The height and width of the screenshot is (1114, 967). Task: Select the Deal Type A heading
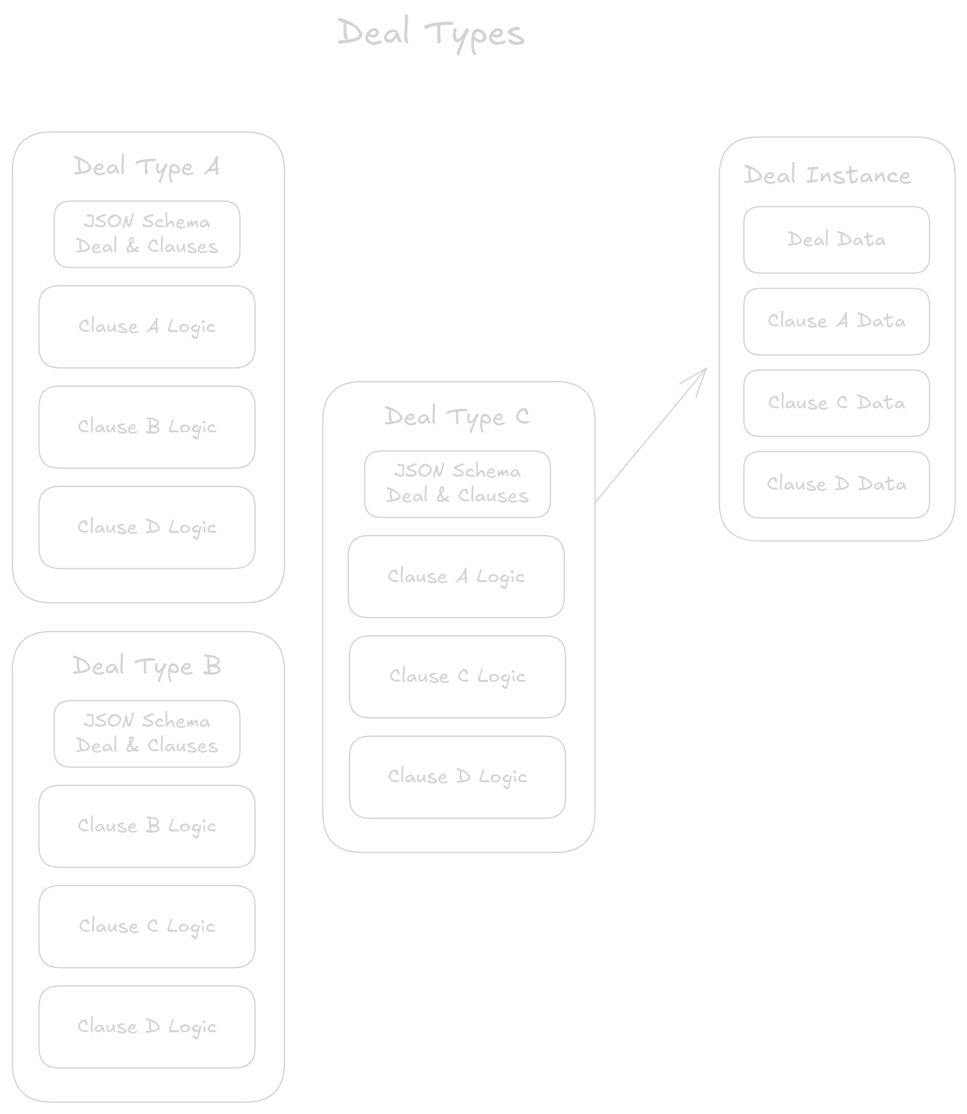pos(146,167)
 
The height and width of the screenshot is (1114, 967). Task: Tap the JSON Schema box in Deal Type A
pos(146,234)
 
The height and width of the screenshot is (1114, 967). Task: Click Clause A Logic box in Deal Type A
pos(146,326)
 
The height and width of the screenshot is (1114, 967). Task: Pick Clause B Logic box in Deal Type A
pos(146,427)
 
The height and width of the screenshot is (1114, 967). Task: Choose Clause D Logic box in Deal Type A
pos(146,527)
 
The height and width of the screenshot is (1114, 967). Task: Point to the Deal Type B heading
pos(146,666)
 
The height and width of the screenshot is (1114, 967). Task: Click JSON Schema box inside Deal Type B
pos(146,733)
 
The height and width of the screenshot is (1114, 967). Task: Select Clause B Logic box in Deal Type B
pos(146,826)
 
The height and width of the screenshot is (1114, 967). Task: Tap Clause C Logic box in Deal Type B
pos(146,926)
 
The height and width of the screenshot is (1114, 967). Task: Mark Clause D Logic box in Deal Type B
pos(146,1027)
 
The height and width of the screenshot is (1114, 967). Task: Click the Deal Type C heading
pos(457,417)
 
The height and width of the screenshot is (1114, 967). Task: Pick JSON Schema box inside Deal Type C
pos(457,484)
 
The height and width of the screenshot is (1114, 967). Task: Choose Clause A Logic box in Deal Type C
pos(455,576)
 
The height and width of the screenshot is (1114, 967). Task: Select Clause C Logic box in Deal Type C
pos(457,676)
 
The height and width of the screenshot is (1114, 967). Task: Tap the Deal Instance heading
pos(827,176)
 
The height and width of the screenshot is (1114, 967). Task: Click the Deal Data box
pos(836,240)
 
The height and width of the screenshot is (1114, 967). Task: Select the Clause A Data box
pos(836,321)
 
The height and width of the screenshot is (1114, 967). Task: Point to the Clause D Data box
pos(836,484)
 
